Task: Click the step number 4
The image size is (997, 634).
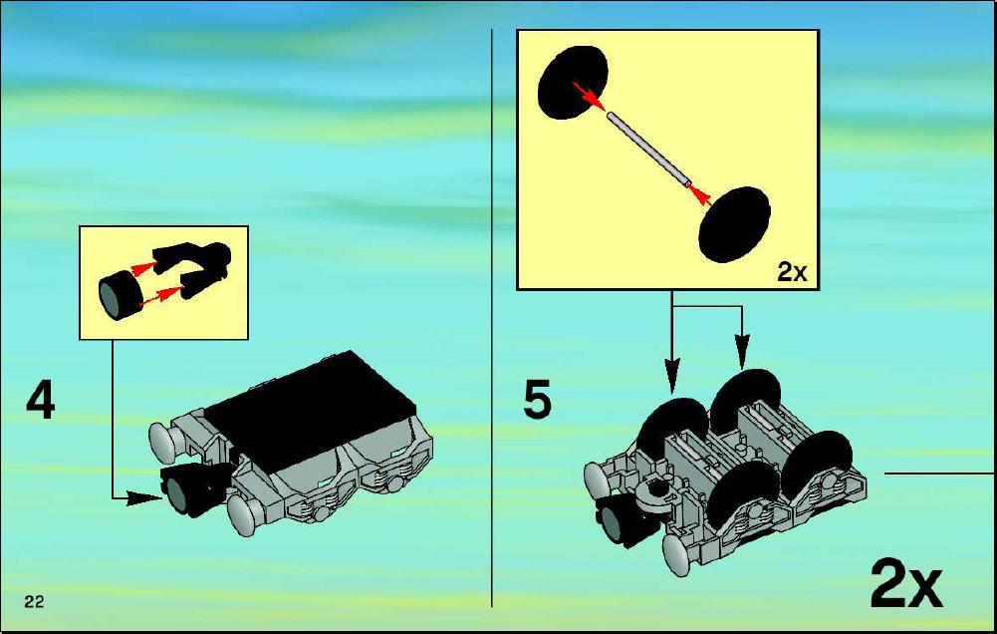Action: coord(41,401)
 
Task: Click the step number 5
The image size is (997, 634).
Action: coord(537,399)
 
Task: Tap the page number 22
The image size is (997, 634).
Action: coord(34,601)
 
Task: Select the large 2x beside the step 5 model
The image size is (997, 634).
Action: coord(905,583)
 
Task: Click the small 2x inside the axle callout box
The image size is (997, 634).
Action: coord(792,272)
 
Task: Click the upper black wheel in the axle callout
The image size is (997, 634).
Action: coord(573,82)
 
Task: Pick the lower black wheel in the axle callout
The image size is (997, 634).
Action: coord(734,224)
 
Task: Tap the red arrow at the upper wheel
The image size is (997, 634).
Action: coord(588,95)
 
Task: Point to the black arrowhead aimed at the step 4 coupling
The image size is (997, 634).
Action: coord(144,498)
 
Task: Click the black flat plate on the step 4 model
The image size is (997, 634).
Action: coord(310,413)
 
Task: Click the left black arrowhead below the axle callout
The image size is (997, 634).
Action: coord(672,375)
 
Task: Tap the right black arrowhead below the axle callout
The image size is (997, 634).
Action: coord(741,351)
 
